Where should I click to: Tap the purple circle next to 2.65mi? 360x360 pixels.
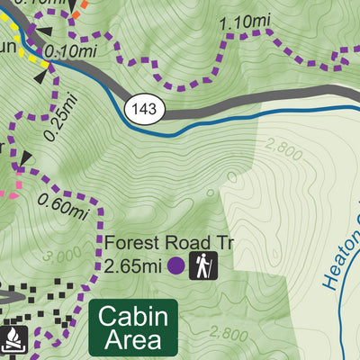176,265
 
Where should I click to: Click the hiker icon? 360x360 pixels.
202,265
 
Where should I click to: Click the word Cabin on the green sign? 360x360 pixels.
133,318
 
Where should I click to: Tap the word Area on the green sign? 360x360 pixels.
133,340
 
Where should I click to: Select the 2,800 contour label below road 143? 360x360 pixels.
284,151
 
